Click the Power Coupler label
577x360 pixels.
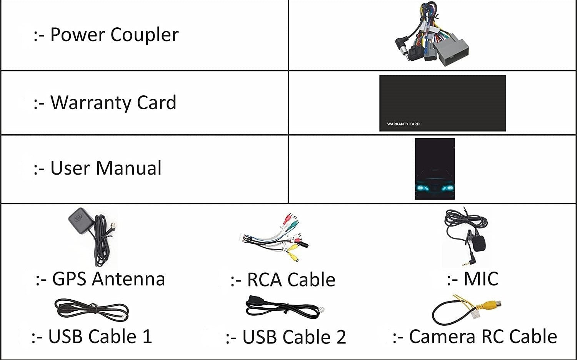tap(106, 35)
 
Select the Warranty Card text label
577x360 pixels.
tap(105, 103)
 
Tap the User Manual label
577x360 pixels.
tap(97, 168)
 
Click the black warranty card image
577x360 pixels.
tap(442, 103)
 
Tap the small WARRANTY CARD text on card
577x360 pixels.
tap(403, 124)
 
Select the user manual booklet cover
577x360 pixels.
tap(435, 168)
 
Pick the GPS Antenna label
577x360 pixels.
tap(100, 279)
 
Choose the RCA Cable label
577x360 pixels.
tap(283, 280)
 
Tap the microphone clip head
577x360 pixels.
tap(479, 242)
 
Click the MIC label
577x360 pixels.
tap(473, 279)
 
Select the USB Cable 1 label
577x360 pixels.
tap(92, 337)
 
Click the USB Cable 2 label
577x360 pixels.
tap(286, 337)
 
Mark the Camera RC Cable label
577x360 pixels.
tap(475, 337)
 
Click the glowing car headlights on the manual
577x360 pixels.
tap(435, 188)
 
